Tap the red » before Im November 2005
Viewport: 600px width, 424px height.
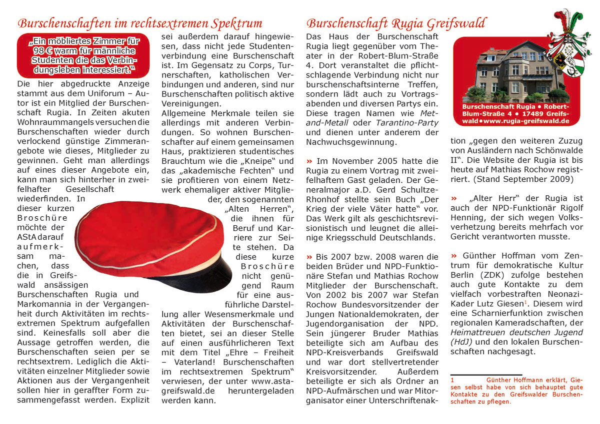coord(309,161)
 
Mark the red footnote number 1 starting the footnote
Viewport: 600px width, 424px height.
coord(452,380)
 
